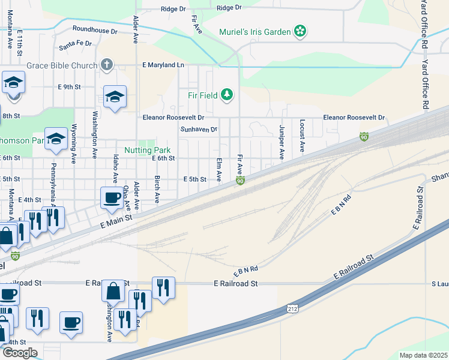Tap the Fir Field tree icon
pyautogui.click(x=226, y=94)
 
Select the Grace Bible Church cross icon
pyautogui.click(x=107, y=64)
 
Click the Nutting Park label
pyautogui.click(x=148, y=150)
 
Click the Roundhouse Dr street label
pyautogui.click(x=94, y=29)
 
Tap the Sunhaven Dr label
pyautogui.click(x=199, y=129)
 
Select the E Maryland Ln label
pyautogui.click(x=163, y=64)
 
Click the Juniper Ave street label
pyautogui.click(x=282, y=142)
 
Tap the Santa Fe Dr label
pyautogui.click(x=75, y=44)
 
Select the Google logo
pyautogui.click(x=19, y=353)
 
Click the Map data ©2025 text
pyautogui.click(x=423, y=355)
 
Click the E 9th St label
pyautogui.click(x=69, y=87)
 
